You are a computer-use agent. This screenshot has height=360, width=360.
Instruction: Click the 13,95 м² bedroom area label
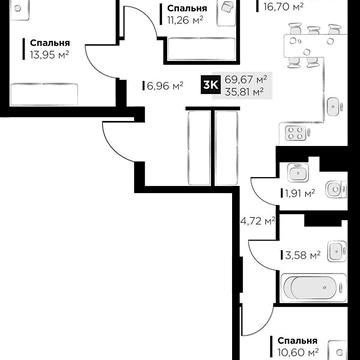pos(49,55)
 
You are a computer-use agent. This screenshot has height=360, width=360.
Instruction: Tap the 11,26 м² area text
pos(185,20)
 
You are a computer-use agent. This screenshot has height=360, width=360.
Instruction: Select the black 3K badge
pos(210,86)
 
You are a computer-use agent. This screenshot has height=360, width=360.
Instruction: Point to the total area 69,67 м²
pos(246,80)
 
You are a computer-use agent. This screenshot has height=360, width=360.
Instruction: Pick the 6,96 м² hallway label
pos(165,86)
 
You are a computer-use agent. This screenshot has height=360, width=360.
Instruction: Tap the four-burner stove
pos(295,132)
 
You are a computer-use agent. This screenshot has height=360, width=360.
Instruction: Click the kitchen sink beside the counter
pos(334,107)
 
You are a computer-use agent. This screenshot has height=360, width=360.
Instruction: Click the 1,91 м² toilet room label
pos(300,193)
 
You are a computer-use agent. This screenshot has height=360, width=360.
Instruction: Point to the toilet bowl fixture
pos(336,190)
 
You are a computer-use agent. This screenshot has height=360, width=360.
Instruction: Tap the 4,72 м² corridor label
pos(258,220)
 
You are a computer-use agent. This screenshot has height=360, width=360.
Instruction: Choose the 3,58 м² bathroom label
pos(302,256)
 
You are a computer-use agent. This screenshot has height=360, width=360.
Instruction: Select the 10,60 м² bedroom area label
pos(298,352)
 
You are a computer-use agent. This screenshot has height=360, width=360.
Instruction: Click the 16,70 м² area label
pos(283,6)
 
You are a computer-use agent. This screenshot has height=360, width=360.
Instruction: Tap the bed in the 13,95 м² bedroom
pos(44,94)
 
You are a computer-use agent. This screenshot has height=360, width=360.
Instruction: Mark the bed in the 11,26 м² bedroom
pos(201,49)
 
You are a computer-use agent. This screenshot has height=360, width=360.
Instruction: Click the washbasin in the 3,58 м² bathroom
pos(337,251)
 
